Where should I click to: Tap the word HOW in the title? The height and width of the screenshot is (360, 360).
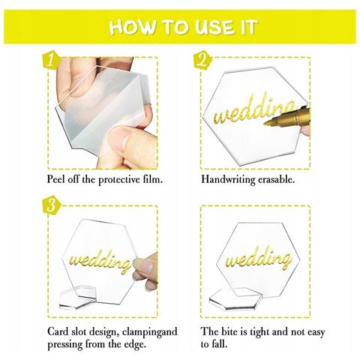coord(132,27)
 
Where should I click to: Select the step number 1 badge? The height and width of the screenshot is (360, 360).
coord(51,61)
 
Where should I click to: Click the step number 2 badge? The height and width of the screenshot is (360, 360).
coord(202,61)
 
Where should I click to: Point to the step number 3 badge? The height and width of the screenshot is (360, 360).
coord(52,205)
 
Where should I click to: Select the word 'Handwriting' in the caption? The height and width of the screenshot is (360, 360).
coord(228,179)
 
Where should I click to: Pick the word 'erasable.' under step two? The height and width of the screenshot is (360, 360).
coord(276,179)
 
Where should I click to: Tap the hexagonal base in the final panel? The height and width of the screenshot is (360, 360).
coord(235,299)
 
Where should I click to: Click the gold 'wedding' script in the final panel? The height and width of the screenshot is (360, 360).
coord(259,259)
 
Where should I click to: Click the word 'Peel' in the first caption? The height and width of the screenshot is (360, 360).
coord(56,179)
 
